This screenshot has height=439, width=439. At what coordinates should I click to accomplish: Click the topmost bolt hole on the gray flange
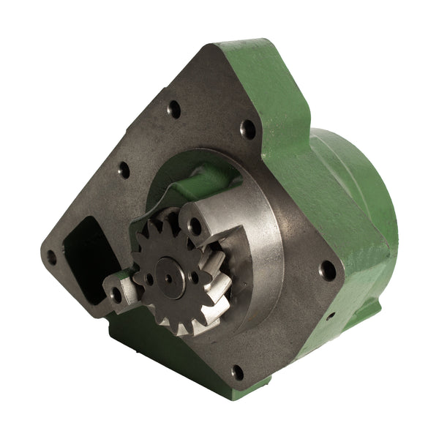pyautogui.click(x=174, y=110)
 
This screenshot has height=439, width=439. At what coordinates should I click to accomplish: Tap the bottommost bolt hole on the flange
pyautogui.click(x=237, y=372)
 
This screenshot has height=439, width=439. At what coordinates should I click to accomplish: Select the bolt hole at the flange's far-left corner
pyautogui.click(x=51, y=257)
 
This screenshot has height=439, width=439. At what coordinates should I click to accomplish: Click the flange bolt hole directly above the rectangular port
pyautogui.click(x=124, y=170)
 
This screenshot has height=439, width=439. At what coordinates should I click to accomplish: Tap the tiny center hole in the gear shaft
pyautogui.click(x=169, y=279)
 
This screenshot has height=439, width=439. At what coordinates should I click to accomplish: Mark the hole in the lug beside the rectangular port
pyautogui.click(x=115, y=293)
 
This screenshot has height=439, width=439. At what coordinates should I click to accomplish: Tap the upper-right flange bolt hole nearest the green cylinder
pyautogui.click(x=248, y=130)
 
